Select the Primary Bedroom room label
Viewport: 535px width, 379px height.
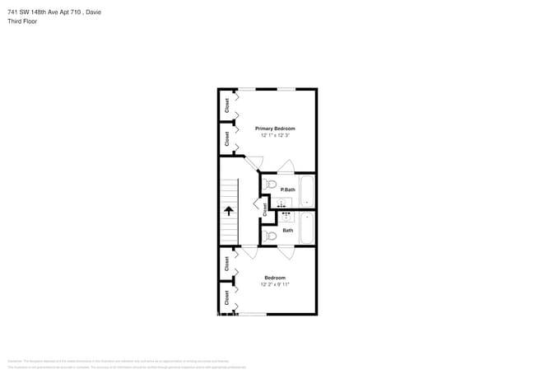click(x=275, y=129)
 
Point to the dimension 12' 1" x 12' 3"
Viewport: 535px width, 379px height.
click(x=275, y=135)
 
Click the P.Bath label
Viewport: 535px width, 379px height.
click(x=288, y=190)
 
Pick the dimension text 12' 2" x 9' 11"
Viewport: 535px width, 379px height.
click(x=275, y=284)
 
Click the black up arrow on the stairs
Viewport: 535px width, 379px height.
click(x=228, y=212)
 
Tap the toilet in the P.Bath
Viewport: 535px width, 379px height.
click(x=271, y=185)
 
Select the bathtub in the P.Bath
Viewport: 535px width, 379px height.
click(x=307, y=191)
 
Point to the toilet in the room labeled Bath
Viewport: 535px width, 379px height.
click(x=271, y=236)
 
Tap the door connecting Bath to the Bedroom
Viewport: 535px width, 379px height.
click(x=286, y=252)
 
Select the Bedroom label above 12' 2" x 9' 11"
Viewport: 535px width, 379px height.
click(x=275, y=278)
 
